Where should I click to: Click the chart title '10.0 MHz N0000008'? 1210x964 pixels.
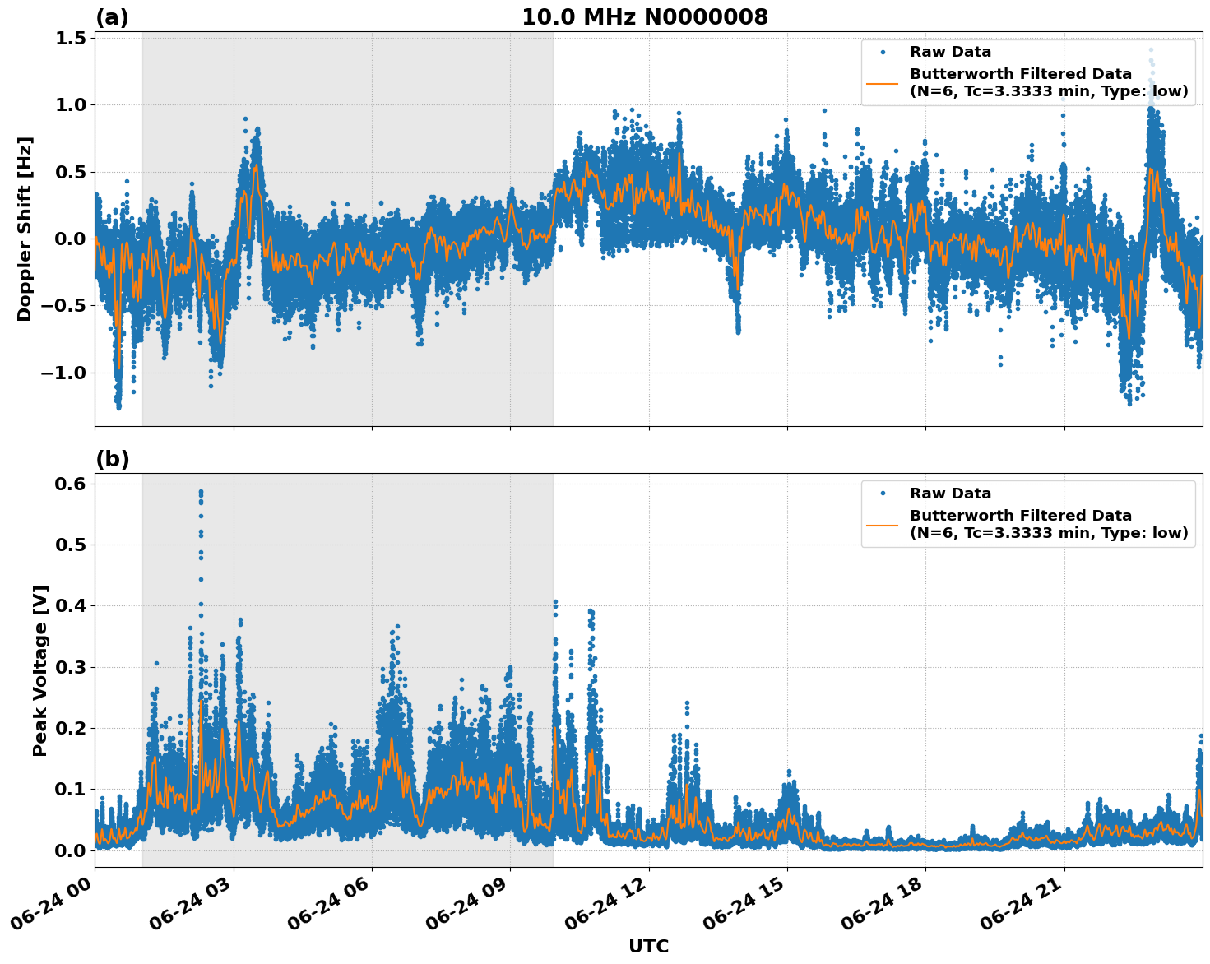click(x=645, y=17)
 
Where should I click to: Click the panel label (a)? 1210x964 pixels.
click(x=112, y=17)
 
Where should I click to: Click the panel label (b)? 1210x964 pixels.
click(x=112, y=459)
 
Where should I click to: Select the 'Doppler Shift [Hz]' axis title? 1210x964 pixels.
click(x=25, y=229)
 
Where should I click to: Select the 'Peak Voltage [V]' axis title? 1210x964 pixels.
click(x=40, y=670)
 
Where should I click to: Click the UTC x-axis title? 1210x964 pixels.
click(x=648, y=946)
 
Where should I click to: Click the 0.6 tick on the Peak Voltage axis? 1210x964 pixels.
click(x=71, y=484)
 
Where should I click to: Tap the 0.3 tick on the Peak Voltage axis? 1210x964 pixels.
click(x=71, y=667)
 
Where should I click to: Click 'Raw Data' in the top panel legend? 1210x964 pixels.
click(x=950, y=52)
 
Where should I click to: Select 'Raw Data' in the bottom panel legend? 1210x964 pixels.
click(x=950, y=494)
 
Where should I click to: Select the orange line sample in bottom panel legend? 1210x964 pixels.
click(x=883, y=524)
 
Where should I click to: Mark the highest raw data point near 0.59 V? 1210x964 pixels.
click(x=200, y=492)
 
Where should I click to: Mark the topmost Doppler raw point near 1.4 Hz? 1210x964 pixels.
click(x=1151, y=49)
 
